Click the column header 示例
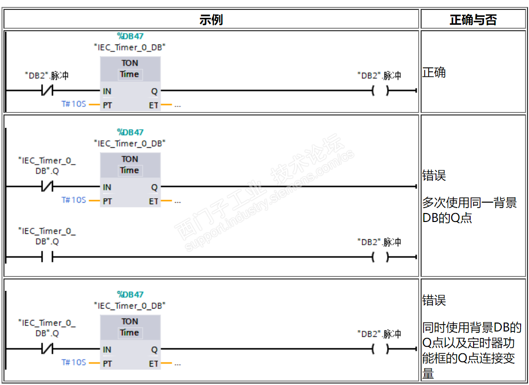click(211, 20)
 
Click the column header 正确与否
click(473, 20)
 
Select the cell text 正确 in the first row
click(434, 73)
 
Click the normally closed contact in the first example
click(47, 91)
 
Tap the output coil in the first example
click(380, 91)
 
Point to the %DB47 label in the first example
click(130, 36)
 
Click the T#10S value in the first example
click(74, 104)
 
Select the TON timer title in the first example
click(130, 63)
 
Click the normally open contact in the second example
click(47, 257)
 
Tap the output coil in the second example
click(380, 257)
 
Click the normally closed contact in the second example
click(47, 187)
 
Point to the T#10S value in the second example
click(74, 200)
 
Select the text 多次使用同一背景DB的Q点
click(469, 210)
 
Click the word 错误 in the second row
click(434, 175)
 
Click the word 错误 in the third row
click(434, 300)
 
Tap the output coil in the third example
click(380, 349)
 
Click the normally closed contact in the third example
click(47, 349)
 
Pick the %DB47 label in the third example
click(130, 294)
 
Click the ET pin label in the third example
click(154, 364)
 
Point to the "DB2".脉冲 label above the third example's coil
click(379, 334)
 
